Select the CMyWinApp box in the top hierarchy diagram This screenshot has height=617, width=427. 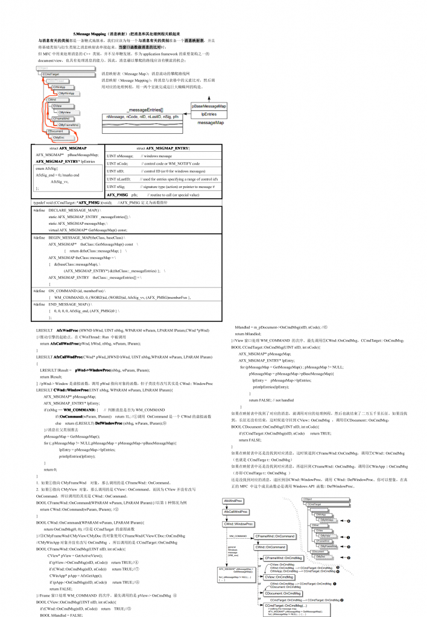point(66,94)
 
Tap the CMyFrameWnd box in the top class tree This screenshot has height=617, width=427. point(69,125)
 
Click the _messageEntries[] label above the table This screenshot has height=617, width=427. point(145,109)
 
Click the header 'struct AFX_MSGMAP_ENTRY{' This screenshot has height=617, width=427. point(163,148)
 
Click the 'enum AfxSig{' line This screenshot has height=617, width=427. point(47,169)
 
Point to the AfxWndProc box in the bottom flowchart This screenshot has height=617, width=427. point(233,501)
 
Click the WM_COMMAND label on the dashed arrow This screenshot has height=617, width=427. point(238,535)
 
